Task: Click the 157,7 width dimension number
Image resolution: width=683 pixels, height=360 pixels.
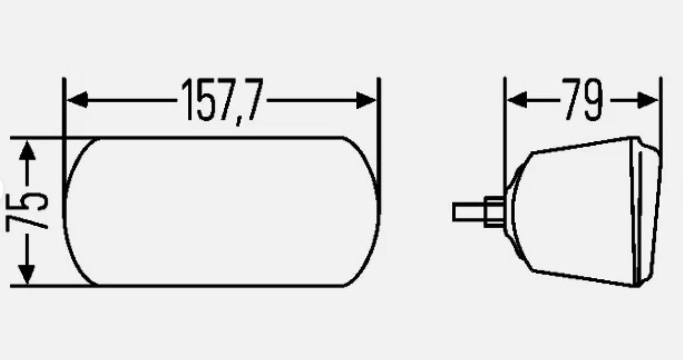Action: (222, 101)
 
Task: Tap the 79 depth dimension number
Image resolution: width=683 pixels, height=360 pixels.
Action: (583, 99)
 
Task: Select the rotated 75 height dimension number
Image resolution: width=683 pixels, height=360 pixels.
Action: (27, 210)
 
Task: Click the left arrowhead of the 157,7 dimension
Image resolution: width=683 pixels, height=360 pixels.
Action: (77, 100)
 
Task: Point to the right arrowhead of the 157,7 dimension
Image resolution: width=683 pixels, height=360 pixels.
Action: (366, 100)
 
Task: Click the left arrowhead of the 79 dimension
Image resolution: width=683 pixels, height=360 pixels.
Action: (517, 100)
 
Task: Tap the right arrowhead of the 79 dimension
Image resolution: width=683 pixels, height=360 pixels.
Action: (648, 100)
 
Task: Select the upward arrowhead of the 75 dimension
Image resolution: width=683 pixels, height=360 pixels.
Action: (27, 150)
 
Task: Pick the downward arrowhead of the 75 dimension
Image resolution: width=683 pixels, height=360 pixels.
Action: (27, 275)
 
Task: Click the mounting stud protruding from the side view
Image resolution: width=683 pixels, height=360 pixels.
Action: (468, 212)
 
